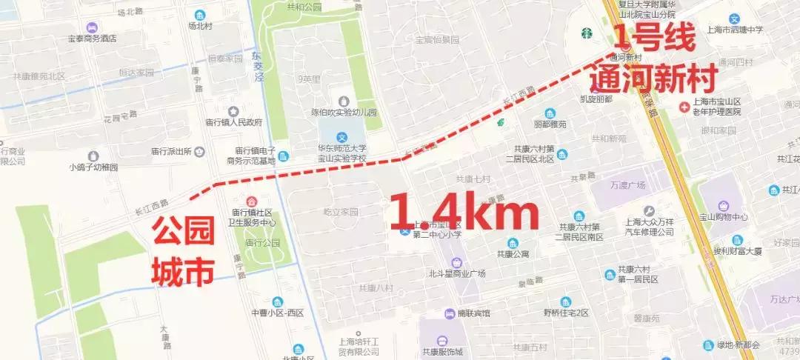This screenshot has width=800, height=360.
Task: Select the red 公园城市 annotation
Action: [x=183, y=253]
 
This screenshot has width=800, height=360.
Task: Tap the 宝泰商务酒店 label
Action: [x=93, y=38]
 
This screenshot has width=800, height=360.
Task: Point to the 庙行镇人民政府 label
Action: [x=233, y=122]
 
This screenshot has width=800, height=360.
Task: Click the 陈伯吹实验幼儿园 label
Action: [x=344, y=113]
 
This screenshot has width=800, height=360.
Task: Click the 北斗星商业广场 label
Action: [x=457, y=273]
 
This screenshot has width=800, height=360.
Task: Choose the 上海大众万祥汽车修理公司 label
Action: [x=649, y=226]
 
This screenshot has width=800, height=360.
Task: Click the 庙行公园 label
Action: [x=262, y=242]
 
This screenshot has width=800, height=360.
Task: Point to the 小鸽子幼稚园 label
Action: [x=93, y=167]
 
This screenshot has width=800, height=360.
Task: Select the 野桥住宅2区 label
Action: [x=565, y=313]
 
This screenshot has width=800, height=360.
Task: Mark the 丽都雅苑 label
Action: [x=549, y=124]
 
